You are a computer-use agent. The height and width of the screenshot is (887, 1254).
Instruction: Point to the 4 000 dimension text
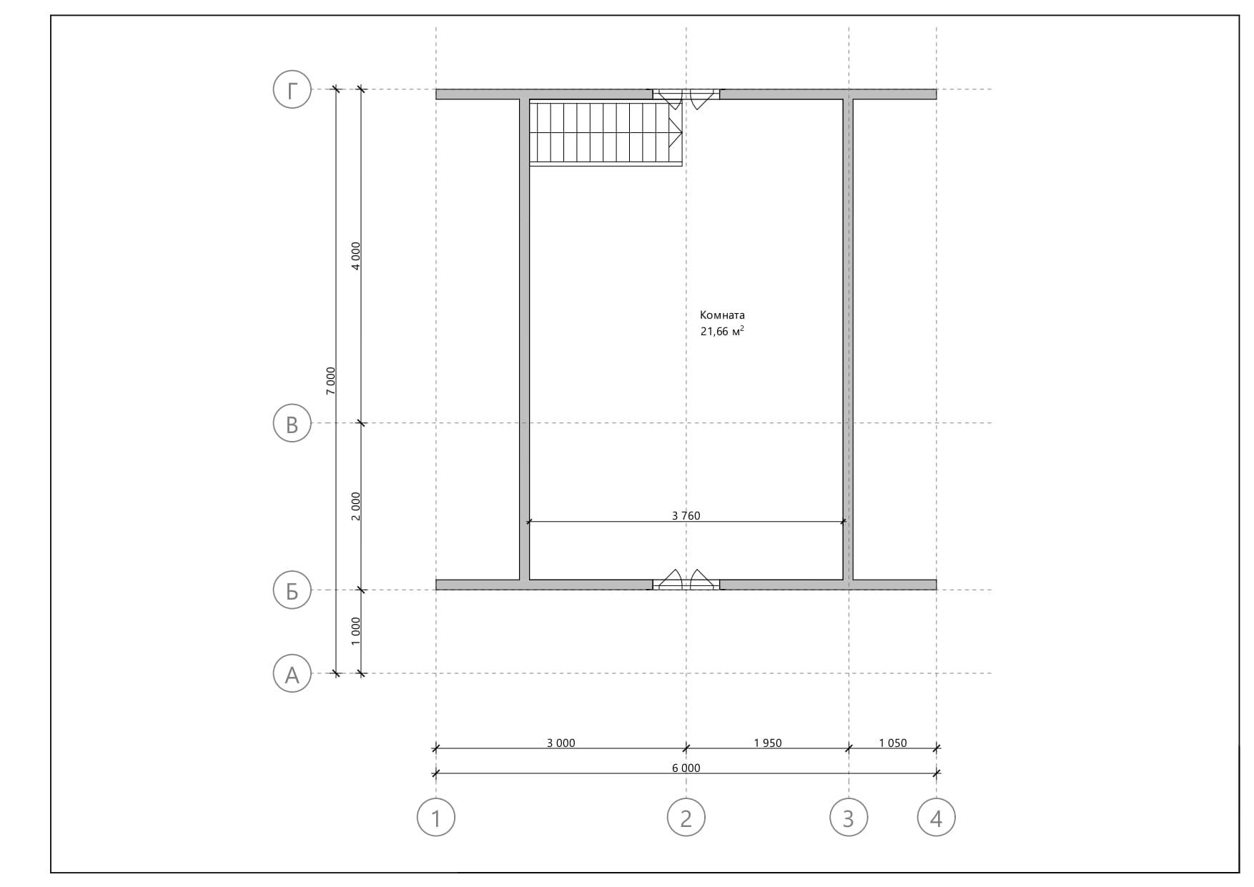tap(356, 256)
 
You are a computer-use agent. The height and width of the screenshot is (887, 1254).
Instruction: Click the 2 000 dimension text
tap(356, 506)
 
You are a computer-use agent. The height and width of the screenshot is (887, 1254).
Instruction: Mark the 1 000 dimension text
tap(356, 631)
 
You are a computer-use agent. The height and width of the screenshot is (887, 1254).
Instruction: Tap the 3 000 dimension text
tap(561, 743)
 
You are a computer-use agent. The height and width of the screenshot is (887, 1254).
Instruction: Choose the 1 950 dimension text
tap(768, 743)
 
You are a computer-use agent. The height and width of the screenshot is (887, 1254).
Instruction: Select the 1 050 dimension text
tap(893, 743)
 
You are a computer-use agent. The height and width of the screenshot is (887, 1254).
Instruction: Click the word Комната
tap(722, 314)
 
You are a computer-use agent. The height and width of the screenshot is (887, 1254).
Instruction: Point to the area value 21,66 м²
tap(722, 331)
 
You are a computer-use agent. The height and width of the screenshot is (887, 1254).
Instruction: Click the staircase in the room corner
tap(606, 133)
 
